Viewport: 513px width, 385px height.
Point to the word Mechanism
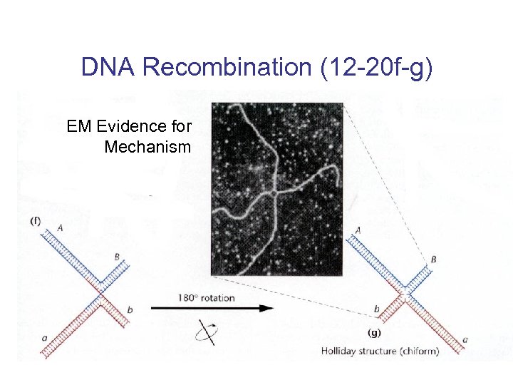tap(147, 148)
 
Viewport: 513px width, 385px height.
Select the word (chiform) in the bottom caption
tap(417, 351)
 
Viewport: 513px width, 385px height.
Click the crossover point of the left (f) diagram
tap(100, 292)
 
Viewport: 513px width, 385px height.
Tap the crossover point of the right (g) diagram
tap(404, 292)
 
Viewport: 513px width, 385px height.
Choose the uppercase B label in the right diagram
tap(432, 260)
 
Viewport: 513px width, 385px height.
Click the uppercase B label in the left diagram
tap(117, 257)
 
